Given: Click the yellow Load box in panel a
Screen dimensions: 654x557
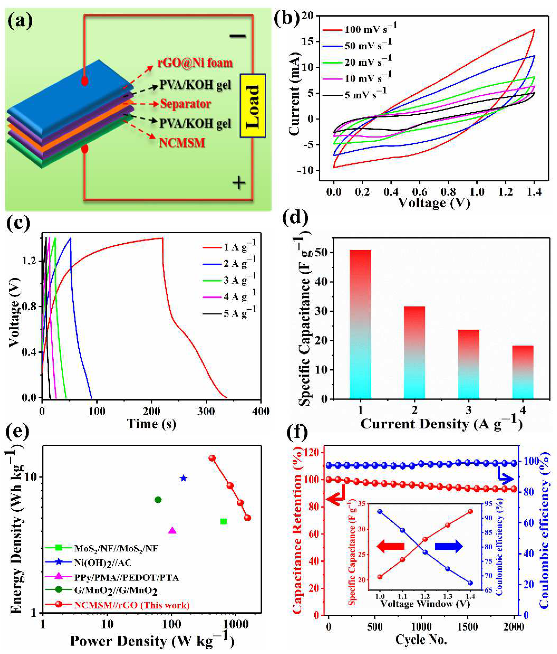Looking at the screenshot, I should click(x=253, y=106).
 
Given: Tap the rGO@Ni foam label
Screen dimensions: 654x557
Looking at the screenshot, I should click(x=195, y=63).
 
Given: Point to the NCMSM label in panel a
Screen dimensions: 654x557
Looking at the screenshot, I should click(x=182, y=143).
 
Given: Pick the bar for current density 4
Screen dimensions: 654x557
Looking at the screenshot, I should click(x=523, y=372).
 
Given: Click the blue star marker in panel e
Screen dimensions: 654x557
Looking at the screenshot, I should click(x=183, y=479).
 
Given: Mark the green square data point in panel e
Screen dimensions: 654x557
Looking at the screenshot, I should click(x=224, y=521).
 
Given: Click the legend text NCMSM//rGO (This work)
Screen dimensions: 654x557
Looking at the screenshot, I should click(x=132, y=605).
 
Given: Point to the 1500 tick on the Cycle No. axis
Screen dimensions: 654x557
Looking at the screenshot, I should click(x=467, y=627).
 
